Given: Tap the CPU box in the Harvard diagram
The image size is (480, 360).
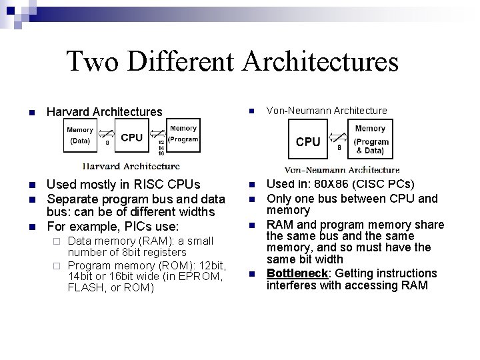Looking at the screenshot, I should click(x=131, y=137).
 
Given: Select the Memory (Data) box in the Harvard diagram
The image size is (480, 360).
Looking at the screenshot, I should click(x=80, y=135).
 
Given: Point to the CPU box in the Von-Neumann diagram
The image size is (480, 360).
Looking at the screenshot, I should click(x=308, y=141).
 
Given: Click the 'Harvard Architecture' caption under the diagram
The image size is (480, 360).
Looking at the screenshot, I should click(x=131, y=165).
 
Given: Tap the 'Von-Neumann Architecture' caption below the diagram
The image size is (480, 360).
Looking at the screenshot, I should click(x=342, y=169).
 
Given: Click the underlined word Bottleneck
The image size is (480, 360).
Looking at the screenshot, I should click(x=295, y=273).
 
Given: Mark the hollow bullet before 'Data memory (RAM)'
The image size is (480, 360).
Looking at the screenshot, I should click(x=57, y=241).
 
